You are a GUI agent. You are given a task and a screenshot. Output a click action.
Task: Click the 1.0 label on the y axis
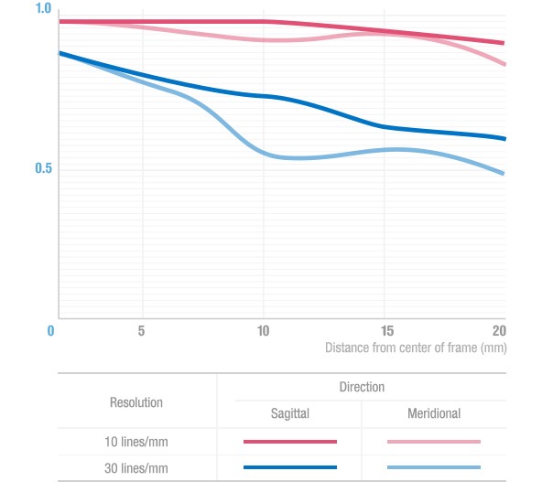43,8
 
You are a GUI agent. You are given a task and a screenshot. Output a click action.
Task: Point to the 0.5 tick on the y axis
43,169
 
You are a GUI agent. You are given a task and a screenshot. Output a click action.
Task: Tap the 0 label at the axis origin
51,330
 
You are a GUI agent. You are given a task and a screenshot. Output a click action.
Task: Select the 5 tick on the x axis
142,330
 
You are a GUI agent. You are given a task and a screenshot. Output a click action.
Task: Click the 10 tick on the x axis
263,330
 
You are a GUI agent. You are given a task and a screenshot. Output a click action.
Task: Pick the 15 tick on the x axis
386,330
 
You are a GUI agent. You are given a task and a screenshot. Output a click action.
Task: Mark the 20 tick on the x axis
499,330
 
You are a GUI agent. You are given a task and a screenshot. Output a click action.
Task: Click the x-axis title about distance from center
416,348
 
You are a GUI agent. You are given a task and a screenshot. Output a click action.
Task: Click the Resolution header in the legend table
136,402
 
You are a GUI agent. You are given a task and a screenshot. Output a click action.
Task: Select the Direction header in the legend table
362,387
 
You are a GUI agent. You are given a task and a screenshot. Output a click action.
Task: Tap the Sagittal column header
290,414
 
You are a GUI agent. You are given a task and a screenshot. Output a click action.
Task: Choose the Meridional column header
434,414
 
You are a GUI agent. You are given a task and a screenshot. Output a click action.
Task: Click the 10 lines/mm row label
136,442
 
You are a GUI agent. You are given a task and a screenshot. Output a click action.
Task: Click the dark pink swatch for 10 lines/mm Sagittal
290,442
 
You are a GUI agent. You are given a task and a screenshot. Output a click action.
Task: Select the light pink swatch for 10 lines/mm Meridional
434,442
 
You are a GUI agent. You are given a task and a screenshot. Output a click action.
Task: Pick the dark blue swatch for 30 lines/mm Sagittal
290,467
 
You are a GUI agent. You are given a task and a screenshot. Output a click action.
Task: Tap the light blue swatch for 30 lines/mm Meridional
434,467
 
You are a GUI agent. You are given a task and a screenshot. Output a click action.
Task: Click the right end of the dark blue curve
504,139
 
